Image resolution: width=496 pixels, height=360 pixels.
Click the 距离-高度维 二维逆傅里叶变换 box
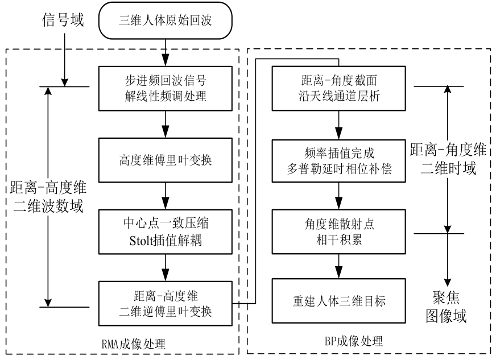coord(165,303)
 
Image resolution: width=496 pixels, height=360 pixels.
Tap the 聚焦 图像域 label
coord(447,307)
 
